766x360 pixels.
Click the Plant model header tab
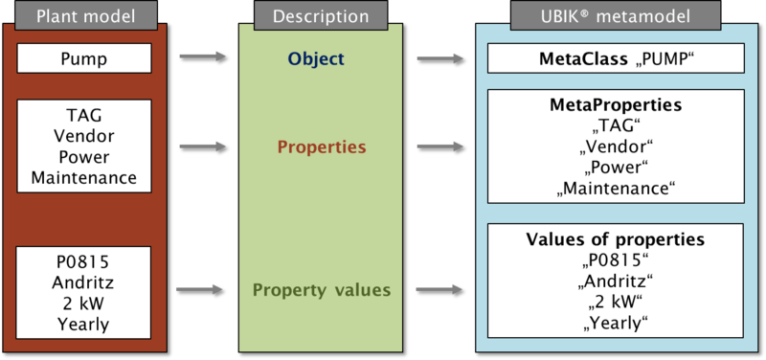pyautogui.click(x=83, y=15)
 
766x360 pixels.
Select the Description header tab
pyautogui.click(x=320, y=15)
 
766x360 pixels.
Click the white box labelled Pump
pyautogui.click(x=84, y=59)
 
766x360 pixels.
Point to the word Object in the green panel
pyautogui.click(x=316, y=59)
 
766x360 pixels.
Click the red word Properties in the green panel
pyautogui.click(x=322, y=148)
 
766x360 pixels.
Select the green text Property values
pyautogui.click(x=322, y=289)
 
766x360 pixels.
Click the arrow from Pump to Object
pyautogui.click(x=202, y=57)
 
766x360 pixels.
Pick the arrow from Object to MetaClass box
pyautogui.click(x=440, y=58)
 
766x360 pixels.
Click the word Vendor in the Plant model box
pyautogui.click(x=84, y=137)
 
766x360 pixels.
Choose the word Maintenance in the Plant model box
pyautogui.click(x=84, y=177)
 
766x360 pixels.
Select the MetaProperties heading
pyautogui.click(x=616, y=102)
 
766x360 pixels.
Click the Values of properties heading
pyautogui.click(x=616, y=239)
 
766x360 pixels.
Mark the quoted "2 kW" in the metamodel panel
pyautogui.click(x=616, y=302)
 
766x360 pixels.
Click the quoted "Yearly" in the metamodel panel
pyautogui.click(x=616, y=323)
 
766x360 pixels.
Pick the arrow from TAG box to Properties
pyautogui.click(x=202, y=146)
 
